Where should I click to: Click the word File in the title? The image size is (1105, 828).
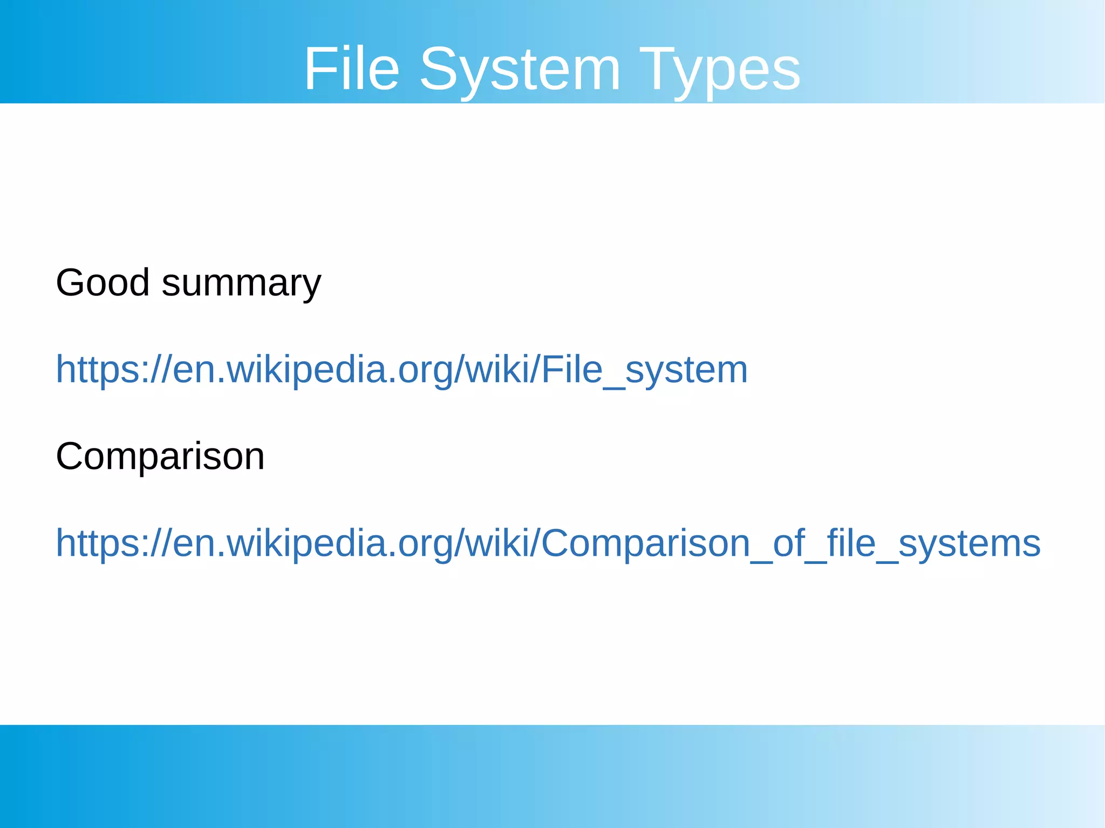click(x=352, y=69)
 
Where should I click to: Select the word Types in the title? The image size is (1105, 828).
click(x=720, y=69)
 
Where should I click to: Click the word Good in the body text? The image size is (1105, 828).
click(x=103, y=282)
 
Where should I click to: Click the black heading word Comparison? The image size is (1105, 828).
click(x=160, y=457)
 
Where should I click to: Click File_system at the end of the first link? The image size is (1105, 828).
click(x=644, y=370)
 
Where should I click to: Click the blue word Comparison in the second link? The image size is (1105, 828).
click(x=645, y=543)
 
